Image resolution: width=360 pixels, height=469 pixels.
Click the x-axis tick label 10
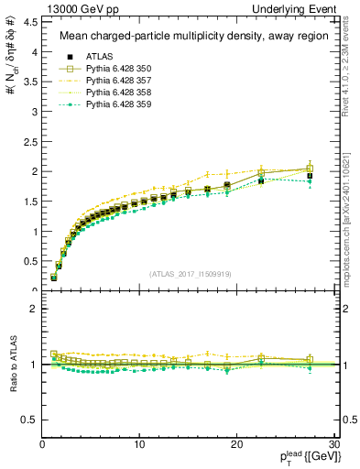[139, 444]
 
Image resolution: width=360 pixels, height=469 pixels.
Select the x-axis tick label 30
[333, 444]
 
